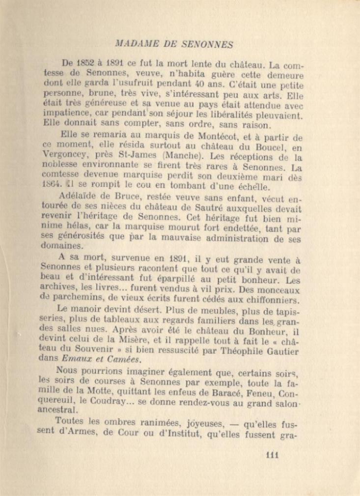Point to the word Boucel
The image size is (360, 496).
click(275, 147)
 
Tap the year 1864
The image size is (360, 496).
click(53, 187)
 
